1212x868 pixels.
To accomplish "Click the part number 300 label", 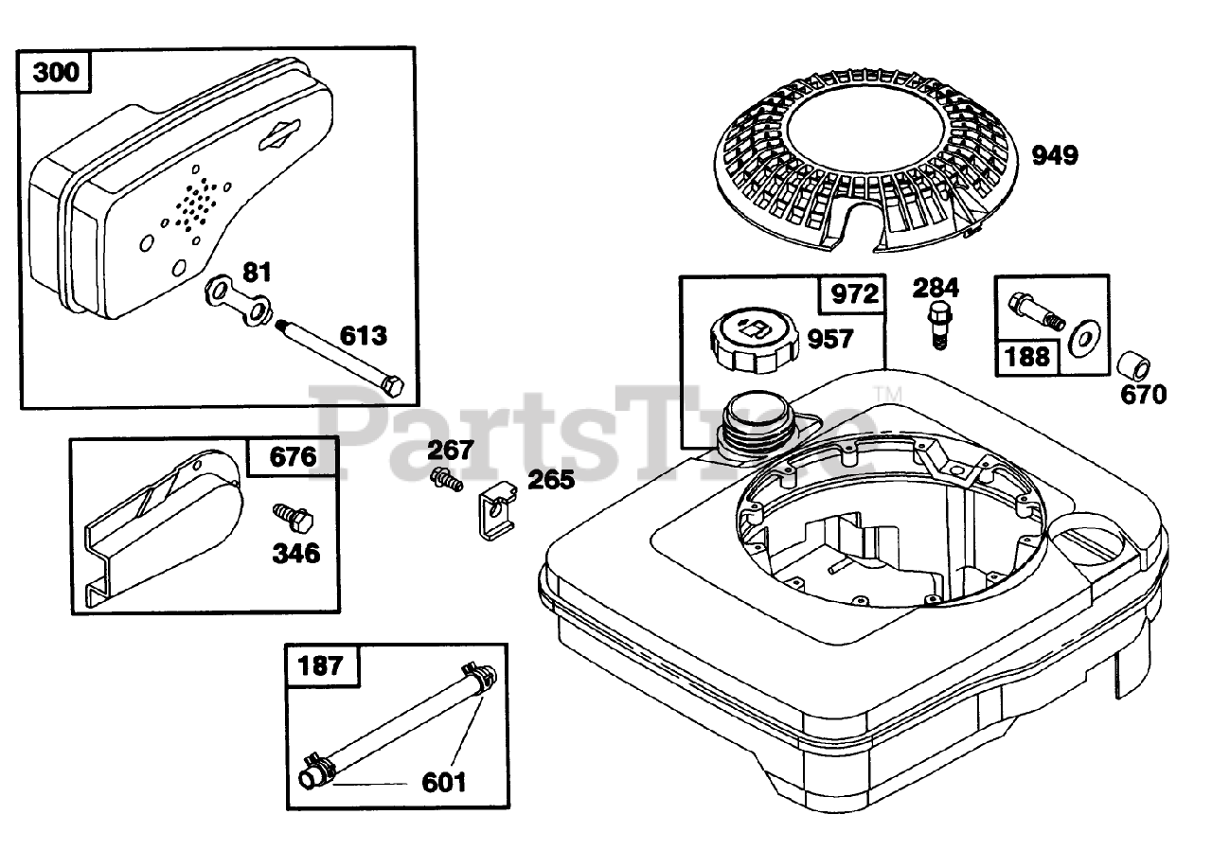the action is [x=56, y=72].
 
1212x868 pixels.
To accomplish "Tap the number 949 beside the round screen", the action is [x=1055, y=155].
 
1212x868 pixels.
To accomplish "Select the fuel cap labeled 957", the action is [x=753, y=343].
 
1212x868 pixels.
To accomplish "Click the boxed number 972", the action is [x=855, y=294].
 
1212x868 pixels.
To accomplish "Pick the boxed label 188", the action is [x=1026, y=357].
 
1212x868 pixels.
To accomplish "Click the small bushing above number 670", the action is [x=1133, y=367].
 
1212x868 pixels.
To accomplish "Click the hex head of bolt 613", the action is [x=392, y=385].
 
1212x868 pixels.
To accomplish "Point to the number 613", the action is [x=363, y=335].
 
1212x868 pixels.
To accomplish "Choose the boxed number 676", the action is [x=293, y=457].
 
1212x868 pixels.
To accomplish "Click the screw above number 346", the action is [x=293, y=517].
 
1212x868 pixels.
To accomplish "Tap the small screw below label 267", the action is [x=446, y=480].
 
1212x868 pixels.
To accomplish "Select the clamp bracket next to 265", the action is [x=497, y=510].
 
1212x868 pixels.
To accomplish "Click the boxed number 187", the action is [x=320, y=665].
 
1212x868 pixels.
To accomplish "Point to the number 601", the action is [x=443, y=782].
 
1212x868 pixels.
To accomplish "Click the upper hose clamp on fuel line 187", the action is [x=478, y=676].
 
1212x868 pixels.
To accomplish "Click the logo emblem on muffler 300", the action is [x=278, y=133].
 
